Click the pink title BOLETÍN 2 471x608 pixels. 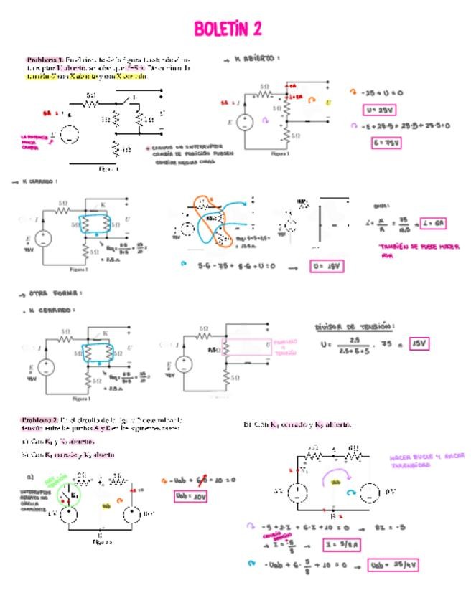227,29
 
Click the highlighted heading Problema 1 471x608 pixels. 45,60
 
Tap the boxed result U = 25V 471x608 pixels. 380,110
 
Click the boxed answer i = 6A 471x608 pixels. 433,223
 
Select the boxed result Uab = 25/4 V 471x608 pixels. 392,565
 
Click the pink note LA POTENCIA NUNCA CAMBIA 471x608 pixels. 34,141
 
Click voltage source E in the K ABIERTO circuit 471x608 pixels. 244,123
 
